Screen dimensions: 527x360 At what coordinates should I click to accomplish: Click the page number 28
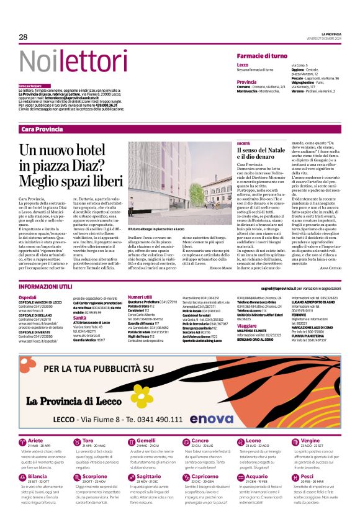click(x=23, y=37)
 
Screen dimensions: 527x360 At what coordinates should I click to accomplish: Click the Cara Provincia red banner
click(x=42, y=128)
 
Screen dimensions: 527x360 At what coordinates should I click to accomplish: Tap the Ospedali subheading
click(x=27, y=297)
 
